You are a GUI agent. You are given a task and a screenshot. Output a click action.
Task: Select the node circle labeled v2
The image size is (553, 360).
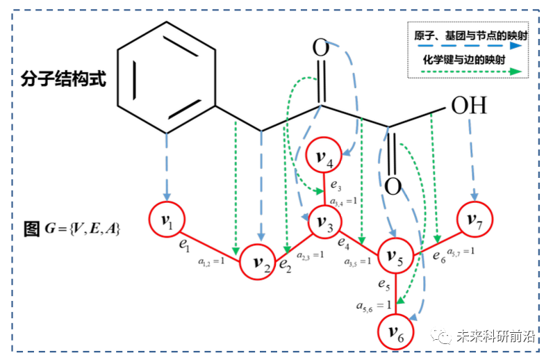tap(259, 263)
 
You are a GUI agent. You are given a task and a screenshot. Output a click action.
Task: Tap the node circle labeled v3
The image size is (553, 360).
tap(323, 222)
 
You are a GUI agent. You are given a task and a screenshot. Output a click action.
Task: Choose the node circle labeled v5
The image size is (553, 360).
tap(394, 259)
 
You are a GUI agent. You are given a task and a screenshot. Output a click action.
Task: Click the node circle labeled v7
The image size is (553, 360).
tap(474, 222)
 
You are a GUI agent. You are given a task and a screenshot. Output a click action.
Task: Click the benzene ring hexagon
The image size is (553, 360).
tap(165, 79)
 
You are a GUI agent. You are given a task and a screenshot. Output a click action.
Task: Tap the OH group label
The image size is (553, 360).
tap(469, 106)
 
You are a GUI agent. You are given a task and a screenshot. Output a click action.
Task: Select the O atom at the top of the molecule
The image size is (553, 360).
tap(320, 49)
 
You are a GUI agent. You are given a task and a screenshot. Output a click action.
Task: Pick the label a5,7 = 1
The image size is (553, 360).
tap(461, 251)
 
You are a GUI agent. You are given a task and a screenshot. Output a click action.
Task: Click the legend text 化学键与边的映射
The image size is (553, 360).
tap(460, 60)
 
